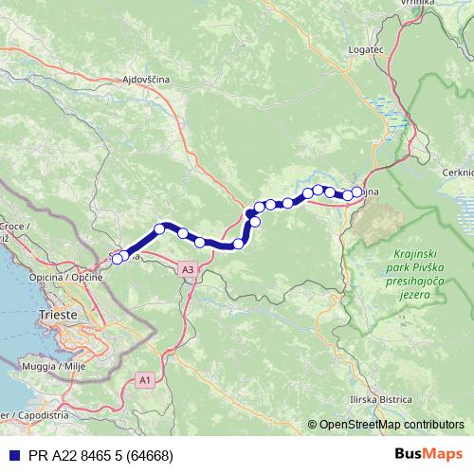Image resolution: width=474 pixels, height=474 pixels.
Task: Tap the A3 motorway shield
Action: coord(189,270)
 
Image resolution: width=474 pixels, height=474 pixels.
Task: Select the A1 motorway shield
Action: coord(144,379)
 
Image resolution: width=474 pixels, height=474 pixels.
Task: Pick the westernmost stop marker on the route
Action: coord(117,259)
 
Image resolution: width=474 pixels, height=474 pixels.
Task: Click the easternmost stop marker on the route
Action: coord(357,192)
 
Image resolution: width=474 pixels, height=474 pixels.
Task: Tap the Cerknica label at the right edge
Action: coord(458,172)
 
